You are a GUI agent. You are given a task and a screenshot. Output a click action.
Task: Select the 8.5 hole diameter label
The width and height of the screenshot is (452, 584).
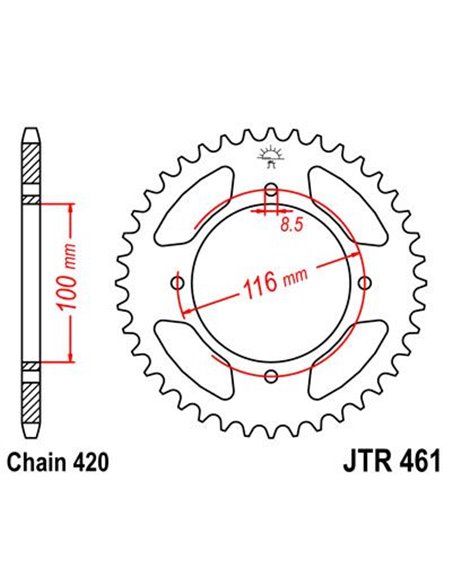291,226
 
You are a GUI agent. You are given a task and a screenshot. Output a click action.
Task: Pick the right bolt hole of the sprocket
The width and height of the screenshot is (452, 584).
364,283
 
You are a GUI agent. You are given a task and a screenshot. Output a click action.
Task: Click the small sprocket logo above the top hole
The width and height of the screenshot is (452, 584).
271,153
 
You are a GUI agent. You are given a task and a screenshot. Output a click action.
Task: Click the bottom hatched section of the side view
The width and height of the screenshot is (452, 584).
31,400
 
